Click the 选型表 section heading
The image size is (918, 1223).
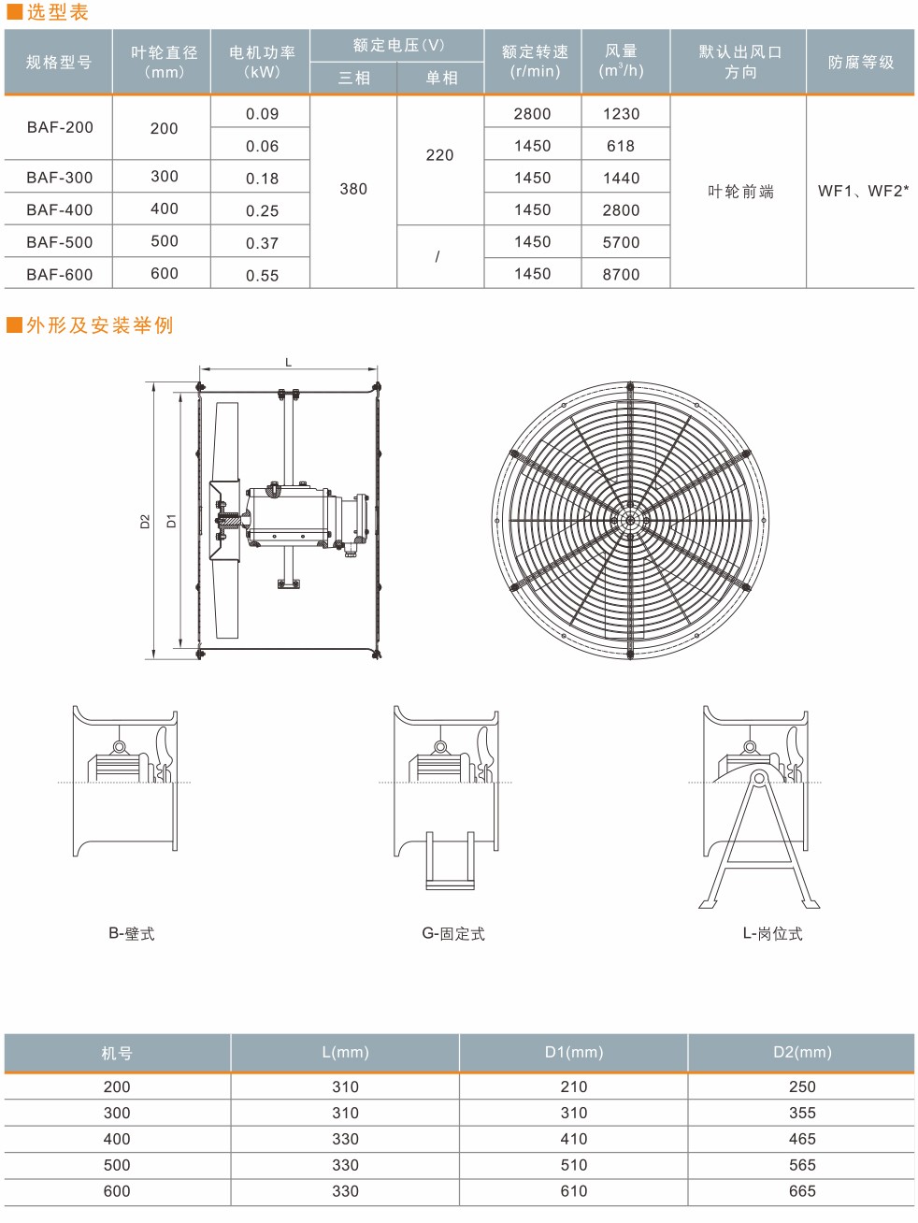tap(56, 13)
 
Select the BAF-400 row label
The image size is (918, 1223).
tap(60, 209)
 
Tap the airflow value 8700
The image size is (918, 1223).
tap(621, 274)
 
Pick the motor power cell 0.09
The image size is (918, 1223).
tap(262, 114)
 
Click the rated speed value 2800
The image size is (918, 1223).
tap(532, 114)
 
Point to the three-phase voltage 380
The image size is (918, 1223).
tap(353, 189)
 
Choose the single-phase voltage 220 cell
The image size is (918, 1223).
tap(439, 155)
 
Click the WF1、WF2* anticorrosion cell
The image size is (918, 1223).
tap(863, 191)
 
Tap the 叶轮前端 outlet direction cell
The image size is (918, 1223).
tap(740, 192)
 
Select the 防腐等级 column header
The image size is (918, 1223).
tap(861, 63)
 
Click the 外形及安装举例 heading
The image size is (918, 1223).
tap(99, 325)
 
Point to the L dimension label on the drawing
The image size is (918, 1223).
tap(288, 362)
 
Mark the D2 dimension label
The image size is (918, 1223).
tap(145, 522)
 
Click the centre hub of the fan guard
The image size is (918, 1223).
tap(629, 521)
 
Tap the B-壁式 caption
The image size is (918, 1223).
tap(131, 933)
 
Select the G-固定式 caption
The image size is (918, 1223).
tap(453, 933)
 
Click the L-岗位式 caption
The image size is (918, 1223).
tap(772, 933)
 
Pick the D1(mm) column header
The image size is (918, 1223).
tap(574, 1053)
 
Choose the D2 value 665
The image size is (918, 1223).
tap(802, 1191)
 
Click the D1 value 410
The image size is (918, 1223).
tap(574, 1139)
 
